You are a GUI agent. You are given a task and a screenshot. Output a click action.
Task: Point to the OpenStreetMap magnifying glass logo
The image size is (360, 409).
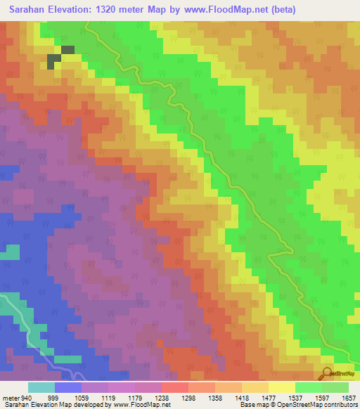(x=327, y=373)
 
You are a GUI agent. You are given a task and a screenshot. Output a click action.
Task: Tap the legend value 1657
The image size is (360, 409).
(x=349, y=397)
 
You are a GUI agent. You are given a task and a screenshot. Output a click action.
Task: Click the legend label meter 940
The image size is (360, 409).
(x=17, y=397)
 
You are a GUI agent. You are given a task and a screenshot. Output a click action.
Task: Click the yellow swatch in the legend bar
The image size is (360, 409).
(x=281, y=387)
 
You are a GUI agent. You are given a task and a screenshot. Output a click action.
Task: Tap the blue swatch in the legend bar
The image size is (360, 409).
(x=67, y=387)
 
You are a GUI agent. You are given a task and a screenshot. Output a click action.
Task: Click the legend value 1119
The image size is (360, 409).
(x=108, y=397)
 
